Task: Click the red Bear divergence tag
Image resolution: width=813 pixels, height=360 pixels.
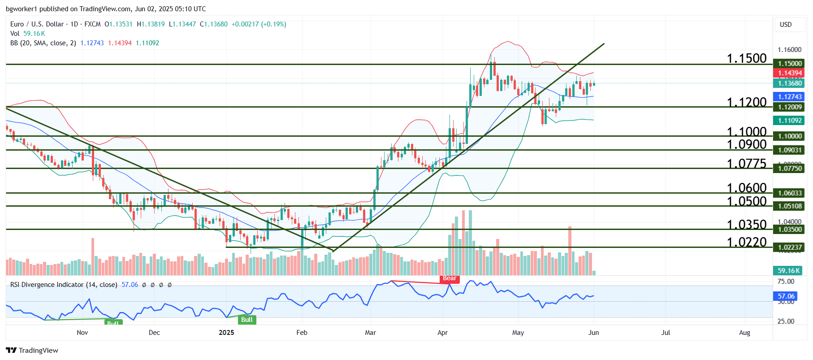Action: [450, 278]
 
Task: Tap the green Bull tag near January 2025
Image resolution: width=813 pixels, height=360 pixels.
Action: [247, 320]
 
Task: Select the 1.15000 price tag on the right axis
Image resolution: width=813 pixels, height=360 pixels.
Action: [790, 64]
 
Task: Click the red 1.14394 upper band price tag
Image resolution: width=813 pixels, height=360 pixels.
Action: [790, 73]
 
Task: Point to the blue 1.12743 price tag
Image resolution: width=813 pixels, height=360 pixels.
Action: [790, 97]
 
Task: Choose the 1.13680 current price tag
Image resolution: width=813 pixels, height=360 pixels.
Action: [790, 83]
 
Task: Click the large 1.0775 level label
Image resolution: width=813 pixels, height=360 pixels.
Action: [747, 164]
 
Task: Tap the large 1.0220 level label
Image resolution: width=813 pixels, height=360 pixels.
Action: [747, 242]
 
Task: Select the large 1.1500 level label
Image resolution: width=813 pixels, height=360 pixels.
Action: [747, 58]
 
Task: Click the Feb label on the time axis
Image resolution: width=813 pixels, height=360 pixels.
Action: [302, 333]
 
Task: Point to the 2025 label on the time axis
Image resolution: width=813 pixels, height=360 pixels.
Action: [226, 333]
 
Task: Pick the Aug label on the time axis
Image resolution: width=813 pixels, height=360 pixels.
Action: [744, 333]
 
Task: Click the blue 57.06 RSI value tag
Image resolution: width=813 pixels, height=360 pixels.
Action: [786, 296]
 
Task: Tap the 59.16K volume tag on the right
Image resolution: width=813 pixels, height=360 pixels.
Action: [789, 271]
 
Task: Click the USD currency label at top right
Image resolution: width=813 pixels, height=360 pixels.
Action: [786, 25]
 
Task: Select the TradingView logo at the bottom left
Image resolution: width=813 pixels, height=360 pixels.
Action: [32, 351]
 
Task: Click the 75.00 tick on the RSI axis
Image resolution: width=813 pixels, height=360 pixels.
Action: [786, 282]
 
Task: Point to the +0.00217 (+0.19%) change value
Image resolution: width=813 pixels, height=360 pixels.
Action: [259, 24]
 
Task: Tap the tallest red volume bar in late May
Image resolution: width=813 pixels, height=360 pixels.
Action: [570, 251]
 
